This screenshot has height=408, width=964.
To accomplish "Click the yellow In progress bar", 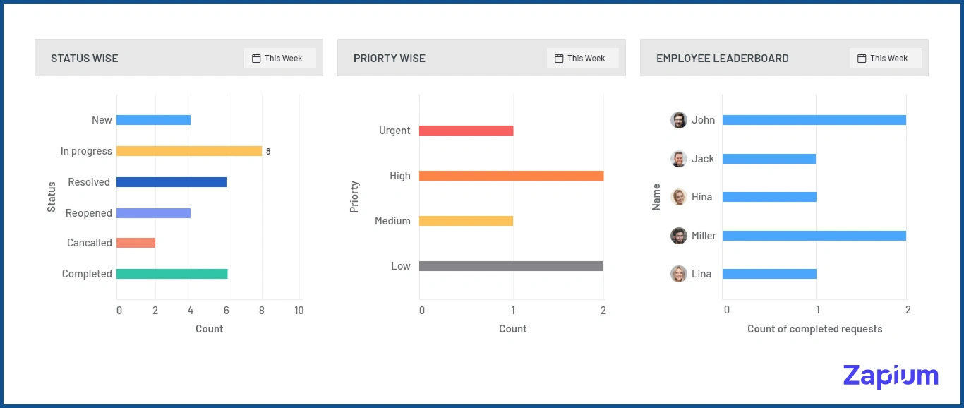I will pyautogui.click(x=188, y=151).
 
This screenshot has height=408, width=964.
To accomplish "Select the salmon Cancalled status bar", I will pyautogui.click(x=135, y=243).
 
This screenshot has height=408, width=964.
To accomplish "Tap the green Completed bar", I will pyautogui.click(x=171, y=274).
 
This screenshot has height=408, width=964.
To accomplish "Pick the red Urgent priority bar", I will pyautogui.click(x=466, y=131).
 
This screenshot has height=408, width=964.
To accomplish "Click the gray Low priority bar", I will pyautogui.click(x=511, y=266).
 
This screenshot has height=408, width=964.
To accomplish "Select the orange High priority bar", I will pyautogui.click(x=511, y=176).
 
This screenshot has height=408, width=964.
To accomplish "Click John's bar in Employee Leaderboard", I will pyautogui.click(x=814, y=120).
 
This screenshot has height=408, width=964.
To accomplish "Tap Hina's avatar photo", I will pyautogui.click(x=679, y=197).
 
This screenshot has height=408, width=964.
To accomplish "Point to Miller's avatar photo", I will pyautogui.click(x=679, y=236).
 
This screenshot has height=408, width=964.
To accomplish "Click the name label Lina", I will pyautogui.click(x=701, y=274).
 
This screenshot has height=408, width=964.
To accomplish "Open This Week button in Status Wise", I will pyautogui.click(x=280, y=59).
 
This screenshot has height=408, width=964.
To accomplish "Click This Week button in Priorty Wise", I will pyautogui.click(x=583, y=59).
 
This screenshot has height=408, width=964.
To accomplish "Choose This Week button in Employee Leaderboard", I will pyautogui.click(x=886, y=59).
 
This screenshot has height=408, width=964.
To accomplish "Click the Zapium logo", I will pyautogui.click(x=891, y=376).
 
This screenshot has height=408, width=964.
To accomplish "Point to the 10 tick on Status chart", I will pyautogui.click(x=299, y=311).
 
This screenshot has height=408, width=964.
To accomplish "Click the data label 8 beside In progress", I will pyautogui.click(x=268, y=151).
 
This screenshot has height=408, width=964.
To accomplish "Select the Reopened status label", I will pyautogui.click(x=89, y=213).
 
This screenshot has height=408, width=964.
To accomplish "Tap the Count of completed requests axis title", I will pyautogui.click(x=814, y=329).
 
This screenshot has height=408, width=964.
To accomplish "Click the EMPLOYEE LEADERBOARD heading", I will pyautogui.click(x=723, y=59).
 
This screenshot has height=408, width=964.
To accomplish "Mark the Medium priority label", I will pyautogui.click(x=392, y=221).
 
